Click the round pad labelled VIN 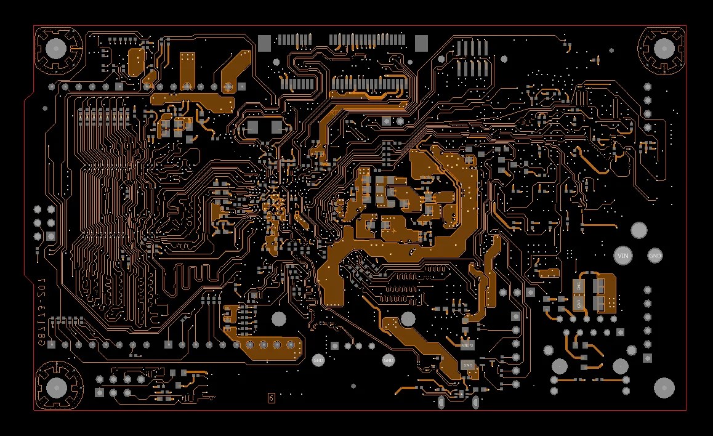tap(622, 255)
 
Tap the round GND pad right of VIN tap(655, 255)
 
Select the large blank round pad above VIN tap(639, 230)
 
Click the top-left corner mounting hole tap(56, 48)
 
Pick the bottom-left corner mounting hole tap(57, 387)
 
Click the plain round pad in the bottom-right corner tap(664, 387)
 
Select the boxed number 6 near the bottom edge tap(271, 398)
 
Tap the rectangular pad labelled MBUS tap(467, 345)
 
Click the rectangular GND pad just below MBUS tap(467, 365)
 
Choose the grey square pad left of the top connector tap(264, 42)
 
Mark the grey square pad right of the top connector tap(421, 42)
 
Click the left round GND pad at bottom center tap(318, 360)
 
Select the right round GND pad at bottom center tap(389, 360)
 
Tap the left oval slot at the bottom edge tap(441, 403)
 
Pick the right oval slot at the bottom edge tap(475, 403)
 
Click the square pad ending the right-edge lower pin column tap(647, 358)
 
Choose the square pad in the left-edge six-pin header tap(50, 236)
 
